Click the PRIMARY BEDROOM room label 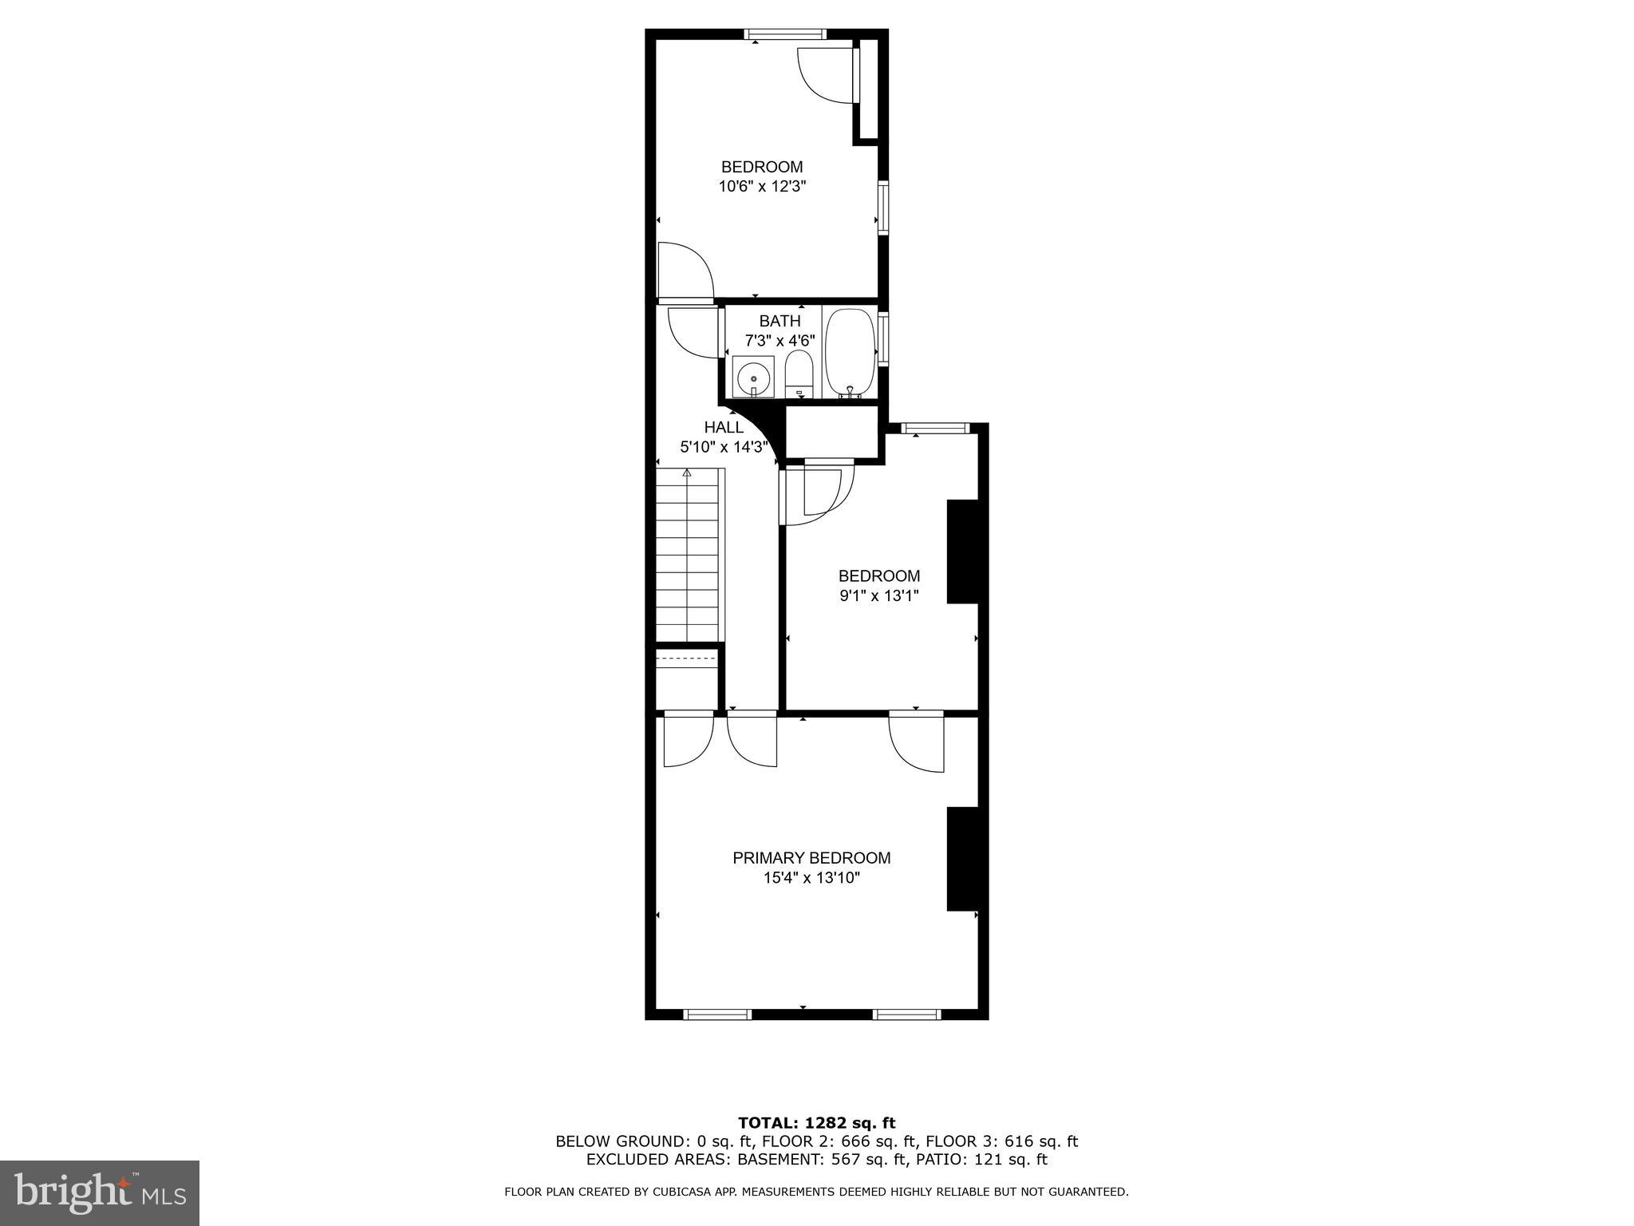tap(811, 858)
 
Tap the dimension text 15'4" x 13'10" tap(811, 878)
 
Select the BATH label tap(780, 321)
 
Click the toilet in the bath tap(798, 376)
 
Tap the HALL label tap(724, 427)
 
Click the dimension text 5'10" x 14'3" tap(724, 447)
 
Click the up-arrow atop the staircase tap(687, 473)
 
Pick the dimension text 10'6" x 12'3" tap(762, 187)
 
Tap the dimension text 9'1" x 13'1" tap(879, 595)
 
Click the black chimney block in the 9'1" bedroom tap(962, 552)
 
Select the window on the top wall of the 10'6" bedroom tap(785, 34)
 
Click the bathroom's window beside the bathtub tap(883, 339)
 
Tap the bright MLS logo tap(100, 1192)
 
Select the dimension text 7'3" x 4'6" tap(780, 341)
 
